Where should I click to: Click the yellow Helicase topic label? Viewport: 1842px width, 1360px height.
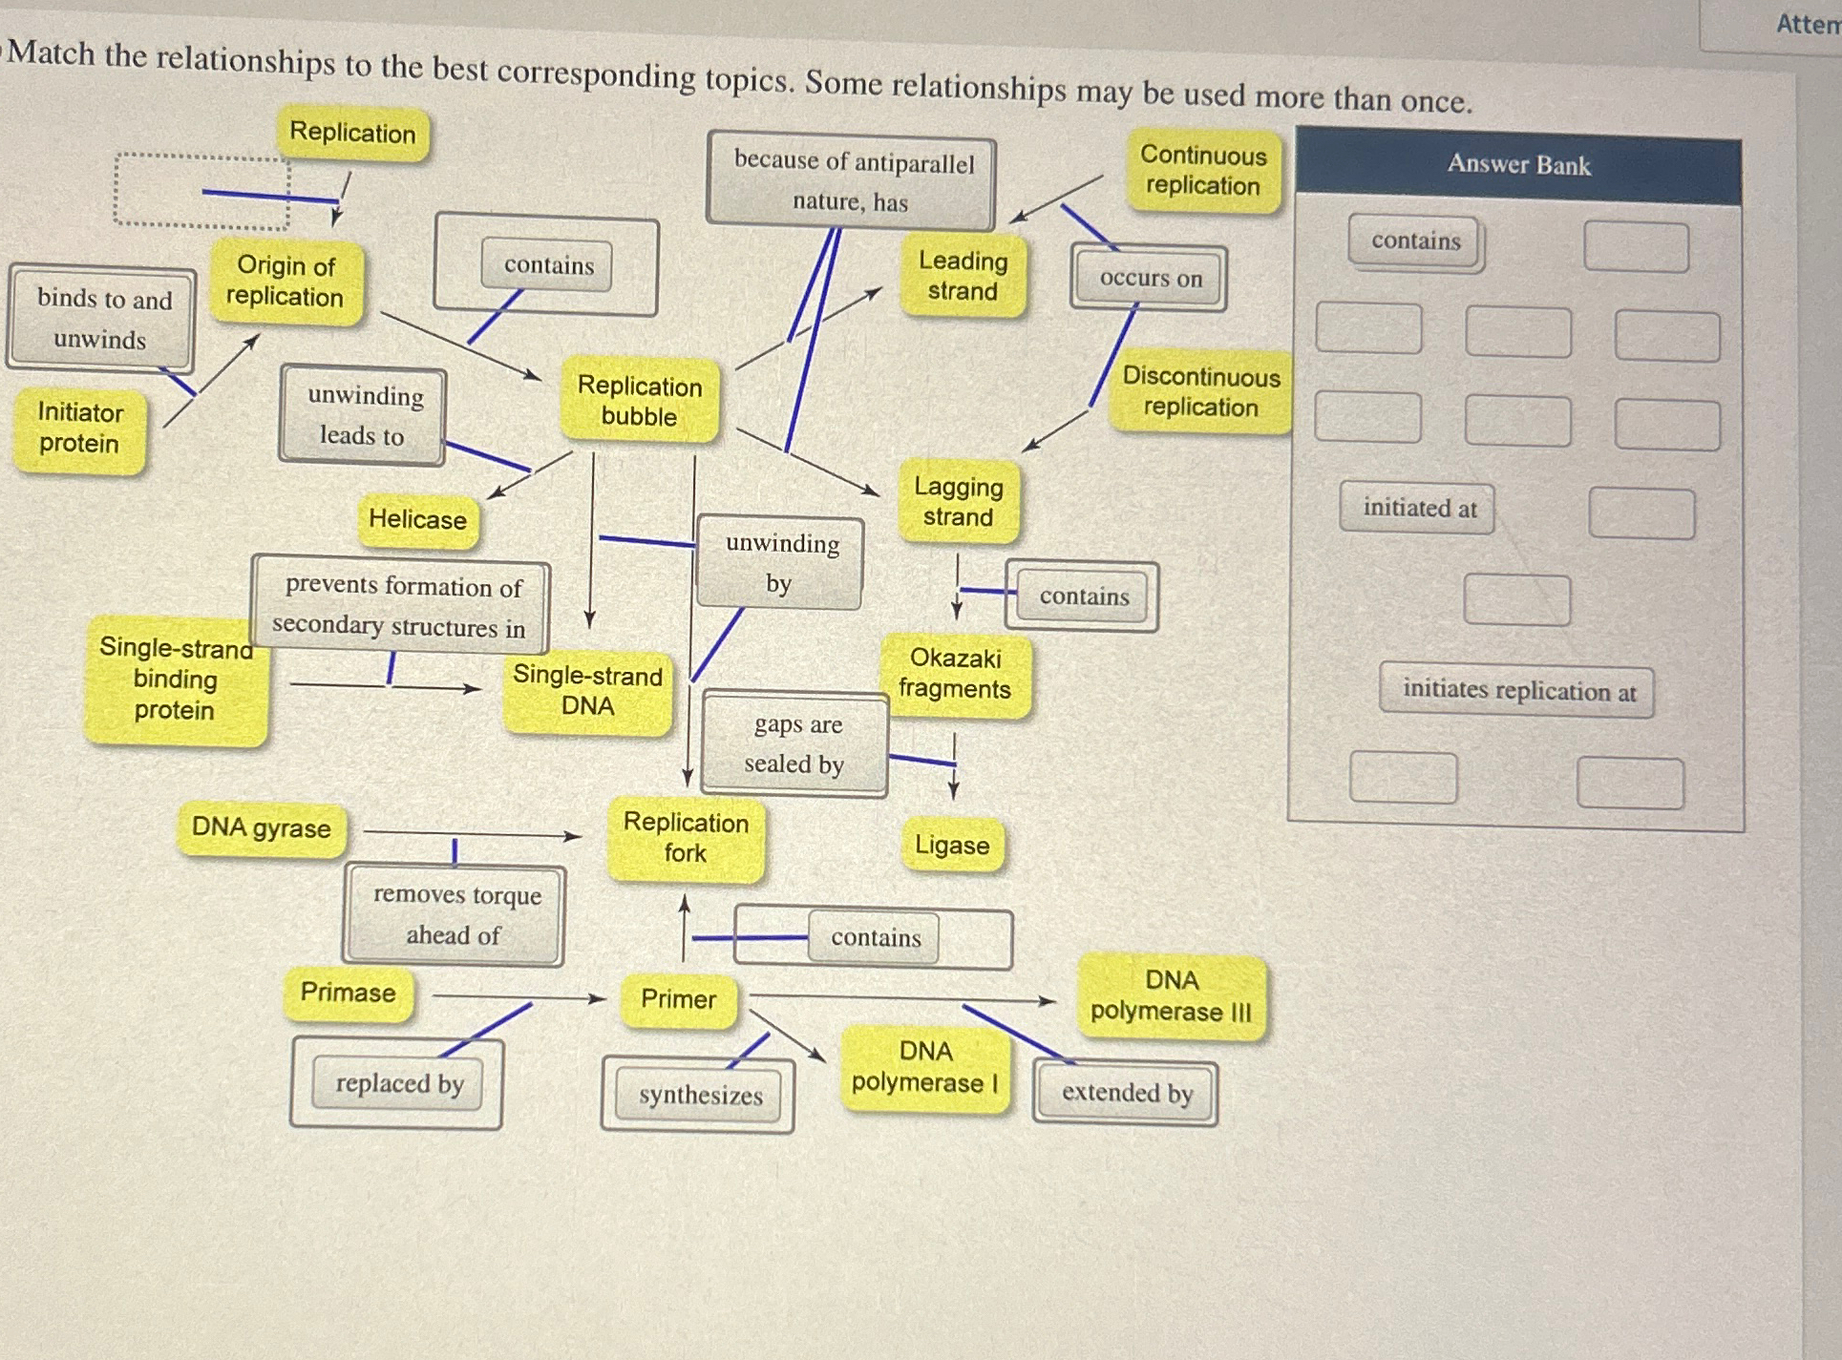(x=417, y=519)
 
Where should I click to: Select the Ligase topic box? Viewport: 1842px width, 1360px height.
(x=951, y=845)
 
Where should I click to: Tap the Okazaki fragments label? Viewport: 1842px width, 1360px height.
(x=954, y=674)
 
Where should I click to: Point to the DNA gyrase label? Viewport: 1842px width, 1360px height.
(x=261, y=827)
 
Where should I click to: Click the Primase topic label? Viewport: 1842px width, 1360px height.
(x=348, y=993)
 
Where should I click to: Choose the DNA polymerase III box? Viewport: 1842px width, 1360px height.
(x=1171, y=995)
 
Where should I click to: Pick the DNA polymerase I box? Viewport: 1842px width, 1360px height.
(x=924, y=1067)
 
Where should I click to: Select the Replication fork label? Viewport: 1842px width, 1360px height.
(x=686, y=838)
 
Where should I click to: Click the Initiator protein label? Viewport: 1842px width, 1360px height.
(x=79, y=429)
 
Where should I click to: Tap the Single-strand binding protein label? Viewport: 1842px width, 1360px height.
(x=175, y=679)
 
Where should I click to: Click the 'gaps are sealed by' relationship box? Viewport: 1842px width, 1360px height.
(x=794, y=743)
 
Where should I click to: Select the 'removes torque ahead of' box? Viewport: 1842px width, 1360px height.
(x=455, y=914)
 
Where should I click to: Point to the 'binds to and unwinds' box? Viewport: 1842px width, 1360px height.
(x=102, y=319)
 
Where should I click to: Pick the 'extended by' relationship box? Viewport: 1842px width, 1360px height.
(x=1126, y=1093)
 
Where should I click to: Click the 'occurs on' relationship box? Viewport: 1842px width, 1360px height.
(x=1150, y=279)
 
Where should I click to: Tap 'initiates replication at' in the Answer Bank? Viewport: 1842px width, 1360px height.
(x=1517, y=691)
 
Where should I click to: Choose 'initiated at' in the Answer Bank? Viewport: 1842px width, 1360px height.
(x=1418, y=508)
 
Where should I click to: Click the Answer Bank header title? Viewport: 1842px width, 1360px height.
(x=1517, y=165)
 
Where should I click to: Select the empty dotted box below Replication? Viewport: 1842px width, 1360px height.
(x=201, y=192)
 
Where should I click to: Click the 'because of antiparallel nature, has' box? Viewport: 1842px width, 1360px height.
(x=851, y=180)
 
